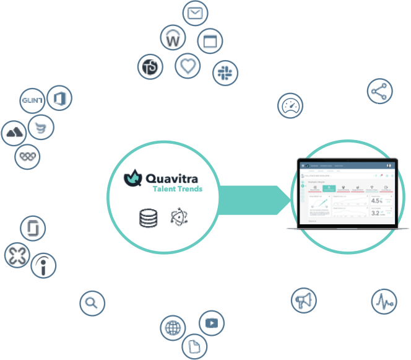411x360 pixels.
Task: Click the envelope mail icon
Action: tap(196, 13)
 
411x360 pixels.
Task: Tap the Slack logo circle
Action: tap(224, 73)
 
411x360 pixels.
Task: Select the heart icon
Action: tap(188, 66)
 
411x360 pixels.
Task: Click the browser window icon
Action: tap(211, 42)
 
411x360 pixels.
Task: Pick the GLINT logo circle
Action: tap(32, 101)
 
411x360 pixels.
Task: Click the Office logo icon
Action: tap(60, 98)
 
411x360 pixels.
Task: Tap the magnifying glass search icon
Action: tap(92, 303)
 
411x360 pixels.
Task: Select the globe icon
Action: tap(172, 327)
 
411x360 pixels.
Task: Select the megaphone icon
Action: tap(303, 301)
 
